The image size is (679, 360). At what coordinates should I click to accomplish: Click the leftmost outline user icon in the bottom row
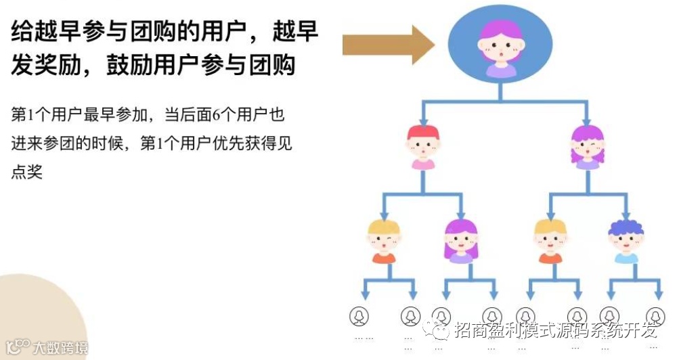click(359, 315)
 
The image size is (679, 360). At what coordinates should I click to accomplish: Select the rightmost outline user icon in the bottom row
click(655, 315)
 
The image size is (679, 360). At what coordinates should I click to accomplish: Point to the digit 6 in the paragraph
click(217, 114)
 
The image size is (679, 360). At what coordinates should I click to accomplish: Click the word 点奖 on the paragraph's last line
click(27, 172)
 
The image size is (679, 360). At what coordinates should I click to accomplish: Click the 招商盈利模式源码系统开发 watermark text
click(555, 330)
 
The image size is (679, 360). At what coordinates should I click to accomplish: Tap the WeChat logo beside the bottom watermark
click(435, 330)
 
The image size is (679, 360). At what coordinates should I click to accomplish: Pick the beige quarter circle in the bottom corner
click(34, 318)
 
